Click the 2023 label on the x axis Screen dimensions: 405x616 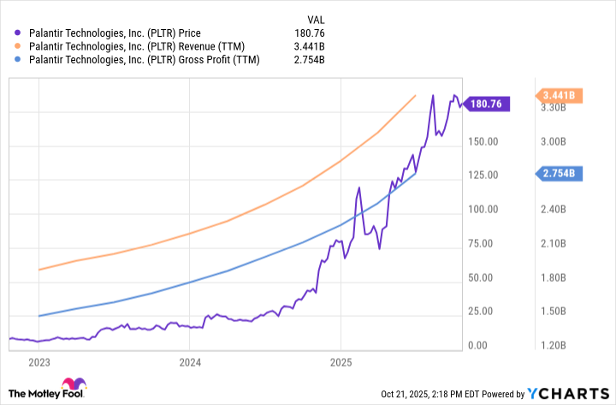pos(38,362)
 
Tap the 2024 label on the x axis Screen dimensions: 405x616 pos(190,362)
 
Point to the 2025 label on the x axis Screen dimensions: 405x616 pos(341,362)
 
